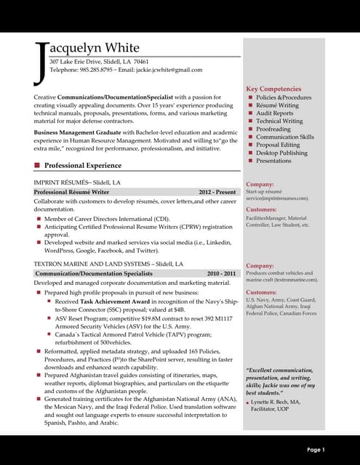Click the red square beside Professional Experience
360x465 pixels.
[x=37, y=165]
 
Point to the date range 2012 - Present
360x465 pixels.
[x=217, y=192]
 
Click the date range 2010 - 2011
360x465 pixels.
[x=222, y=273]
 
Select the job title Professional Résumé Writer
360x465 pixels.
[x=71, y=192]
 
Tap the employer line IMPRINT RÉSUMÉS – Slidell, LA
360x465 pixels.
[x=77, y=182]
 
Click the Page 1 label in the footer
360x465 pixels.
[x=316, y=450]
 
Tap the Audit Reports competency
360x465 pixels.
[x=274, y=113]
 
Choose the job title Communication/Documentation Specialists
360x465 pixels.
[x=94, y=273]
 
